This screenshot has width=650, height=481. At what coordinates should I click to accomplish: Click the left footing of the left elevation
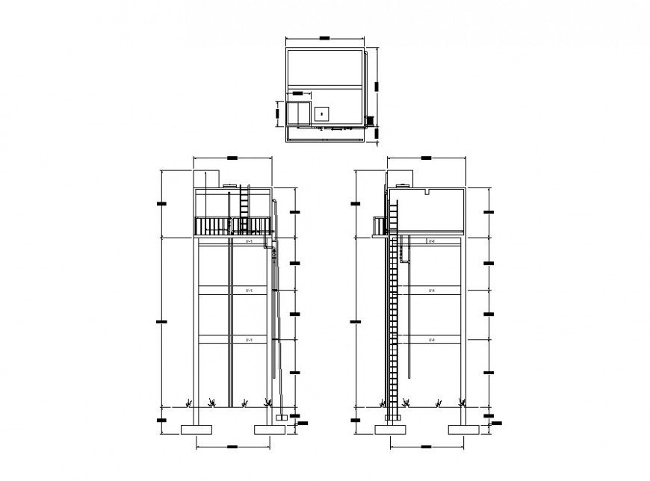[197, 429]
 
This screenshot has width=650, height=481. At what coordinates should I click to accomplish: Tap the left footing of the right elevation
[389, 429]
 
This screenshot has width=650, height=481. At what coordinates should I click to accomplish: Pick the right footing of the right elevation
[463, 429]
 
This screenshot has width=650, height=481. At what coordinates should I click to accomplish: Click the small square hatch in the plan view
[321, 114]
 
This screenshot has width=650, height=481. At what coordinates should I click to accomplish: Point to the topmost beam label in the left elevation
[249, 242]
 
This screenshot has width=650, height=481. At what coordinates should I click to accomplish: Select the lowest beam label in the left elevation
[249, 340]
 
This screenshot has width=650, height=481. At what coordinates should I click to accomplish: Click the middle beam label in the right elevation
[432, 291]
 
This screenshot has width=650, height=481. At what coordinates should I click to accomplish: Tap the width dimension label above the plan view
[324, 37]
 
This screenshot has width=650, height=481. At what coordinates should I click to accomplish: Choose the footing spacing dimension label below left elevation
[232, 446]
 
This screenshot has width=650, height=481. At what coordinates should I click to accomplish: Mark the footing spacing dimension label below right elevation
[427, 446]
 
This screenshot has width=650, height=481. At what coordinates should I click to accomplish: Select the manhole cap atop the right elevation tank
[405, 184]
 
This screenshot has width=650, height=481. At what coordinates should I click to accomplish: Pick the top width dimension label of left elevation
[232, 158]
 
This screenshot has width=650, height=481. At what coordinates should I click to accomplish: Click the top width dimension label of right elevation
[427, 158]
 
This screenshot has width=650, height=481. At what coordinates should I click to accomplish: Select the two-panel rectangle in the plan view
[300, 114]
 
